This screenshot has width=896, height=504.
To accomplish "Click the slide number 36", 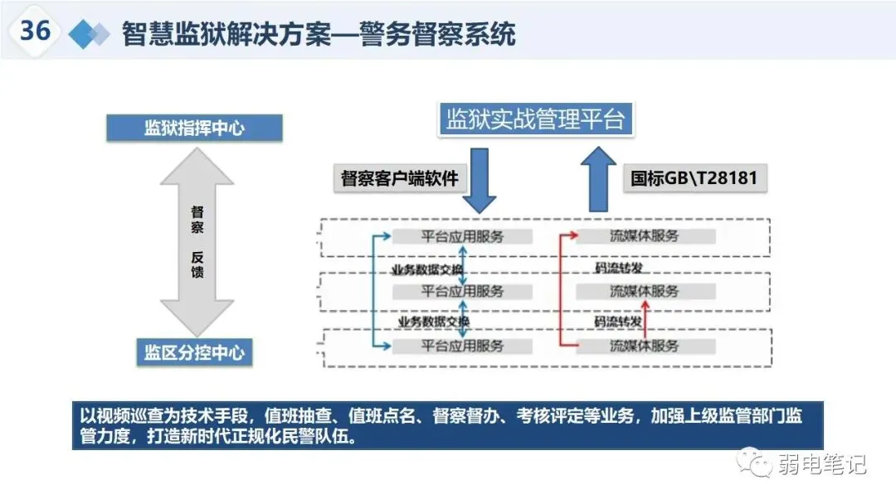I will (x=36, y=31).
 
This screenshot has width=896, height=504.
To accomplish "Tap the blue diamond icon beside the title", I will (x=89, y=34).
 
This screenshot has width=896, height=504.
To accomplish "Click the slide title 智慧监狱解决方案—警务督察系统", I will (x=319, y=34).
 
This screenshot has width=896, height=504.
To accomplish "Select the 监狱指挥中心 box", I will (x=194, y=128).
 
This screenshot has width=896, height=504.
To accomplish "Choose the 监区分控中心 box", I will (x=194, y=353).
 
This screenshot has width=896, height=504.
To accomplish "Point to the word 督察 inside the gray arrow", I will (x=197, y=219).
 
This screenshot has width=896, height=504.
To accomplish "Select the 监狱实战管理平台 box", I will (x=535, y=119).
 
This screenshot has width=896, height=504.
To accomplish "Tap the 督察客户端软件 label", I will (x=400, y=178).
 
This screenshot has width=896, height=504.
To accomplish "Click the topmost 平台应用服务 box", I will (x=462, y=236).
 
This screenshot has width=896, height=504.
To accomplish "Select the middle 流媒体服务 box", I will (x=645, y=291).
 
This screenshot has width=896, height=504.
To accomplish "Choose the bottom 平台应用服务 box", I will (x=462, y=346).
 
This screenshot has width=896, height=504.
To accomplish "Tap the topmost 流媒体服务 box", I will (x=645, y=236).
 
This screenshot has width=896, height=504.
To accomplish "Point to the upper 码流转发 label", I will (x=619, y=267).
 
